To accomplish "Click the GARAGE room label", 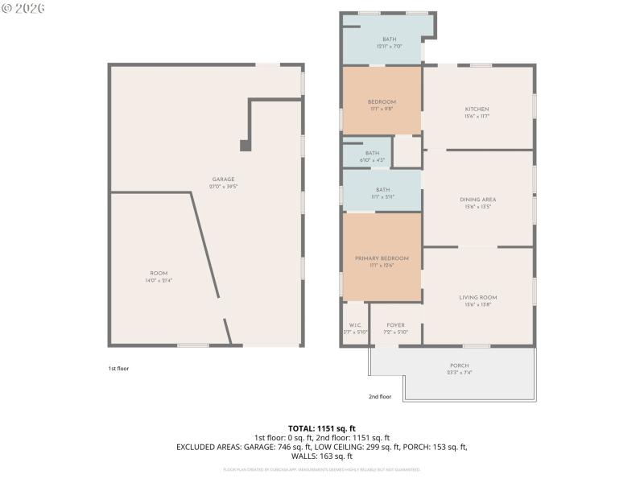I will pos(223,179).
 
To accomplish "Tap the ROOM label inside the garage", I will pos(159,274).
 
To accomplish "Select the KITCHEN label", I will pos(477,109).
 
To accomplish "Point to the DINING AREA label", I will pos(477,200).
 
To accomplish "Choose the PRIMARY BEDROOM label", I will pos(382,258).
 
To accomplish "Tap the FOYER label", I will pos(395,325).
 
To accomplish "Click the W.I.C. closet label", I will pos(354,325).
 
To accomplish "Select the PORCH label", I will pos(459,365).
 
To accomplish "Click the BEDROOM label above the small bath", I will pos(382,102).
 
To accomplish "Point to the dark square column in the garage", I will pos(245,146).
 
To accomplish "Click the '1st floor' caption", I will pos(118,369).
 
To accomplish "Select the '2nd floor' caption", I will pos(379,396).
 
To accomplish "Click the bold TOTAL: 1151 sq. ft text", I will pos(321,427).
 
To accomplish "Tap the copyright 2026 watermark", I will pos(23,8).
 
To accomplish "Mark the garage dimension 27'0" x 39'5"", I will pos(223,186).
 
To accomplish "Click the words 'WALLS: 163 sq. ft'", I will pos(321,456).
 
